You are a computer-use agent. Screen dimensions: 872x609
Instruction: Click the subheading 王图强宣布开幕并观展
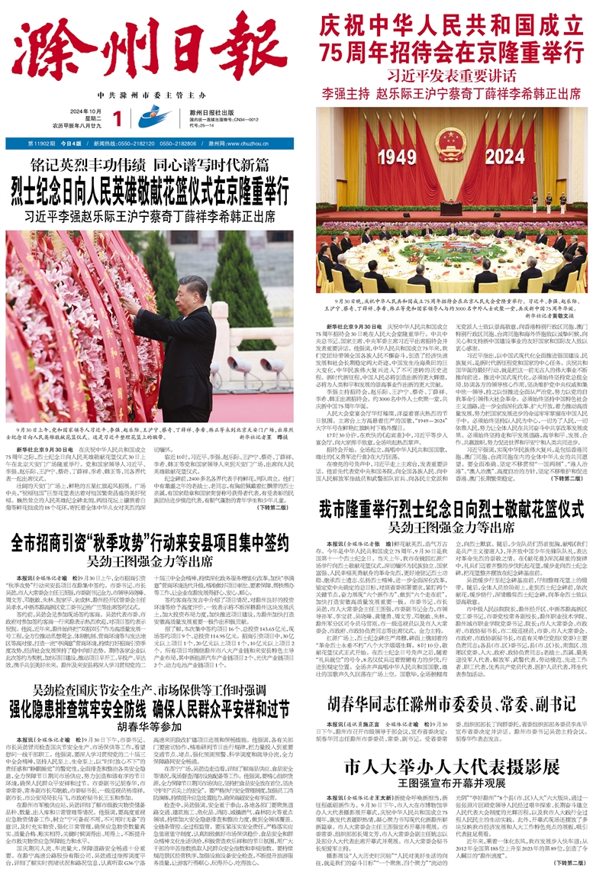tap(453, 785)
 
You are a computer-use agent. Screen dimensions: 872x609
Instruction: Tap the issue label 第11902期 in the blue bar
tap(43, 143)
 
